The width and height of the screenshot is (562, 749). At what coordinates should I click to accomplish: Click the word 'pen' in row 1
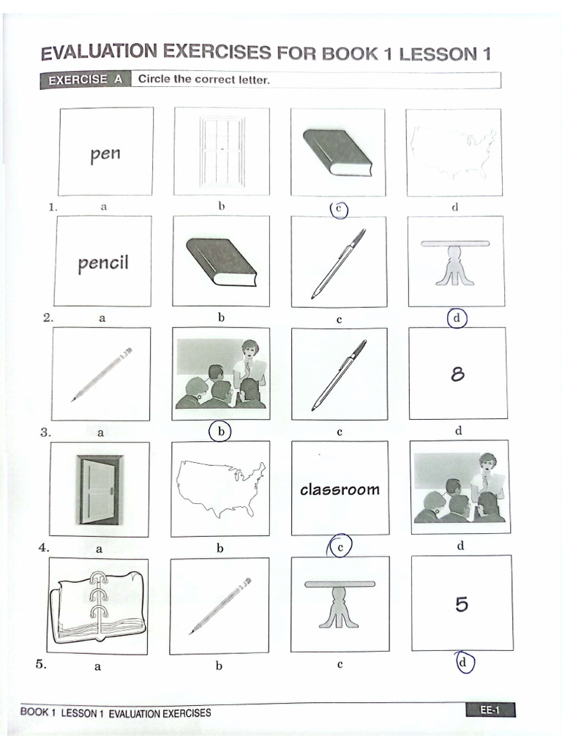[105, 154]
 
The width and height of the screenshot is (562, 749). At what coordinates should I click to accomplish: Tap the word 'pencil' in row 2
[103, 263]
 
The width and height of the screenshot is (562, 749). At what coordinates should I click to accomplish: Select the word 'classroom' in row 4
[340, 489]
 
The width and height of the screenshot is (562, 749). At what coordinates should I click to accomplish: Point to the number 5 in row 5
[461, 604]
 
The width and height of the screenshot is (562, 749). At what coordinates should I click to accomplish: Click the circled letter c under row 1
[338, 209]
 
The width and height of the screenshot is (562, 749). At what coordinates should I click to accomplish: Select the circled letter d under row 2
[457, 319]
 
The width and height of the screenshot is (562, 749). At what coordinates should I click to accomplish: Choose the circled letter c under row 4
[340, 546]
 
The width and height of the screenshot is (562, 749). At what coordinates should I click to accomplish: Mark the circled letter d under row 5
[463, 663]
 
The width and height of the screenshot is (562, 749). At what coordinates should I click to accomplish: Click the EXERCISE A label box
[85, 80]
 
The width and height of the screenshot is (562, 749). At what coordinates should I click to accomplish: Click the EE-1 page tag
[490, 708]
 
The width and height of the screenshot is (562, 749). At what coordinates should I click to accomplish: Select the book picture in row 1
[337, 152]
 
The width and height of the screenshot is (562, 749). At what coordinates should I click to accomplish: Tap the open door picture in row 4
[98, 490]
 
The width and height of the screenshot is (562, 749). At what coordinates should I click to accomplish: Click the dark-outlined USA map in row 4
[220, 488]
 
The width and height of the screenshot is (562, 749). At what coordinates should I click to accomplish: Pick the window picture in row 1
[221, 151]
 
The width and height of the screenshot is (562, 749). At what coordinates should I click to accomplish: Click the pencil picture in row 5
[220, 605]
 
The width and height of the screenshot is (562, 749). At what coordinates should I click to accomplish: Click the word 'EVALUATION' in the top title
[99, 53]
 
